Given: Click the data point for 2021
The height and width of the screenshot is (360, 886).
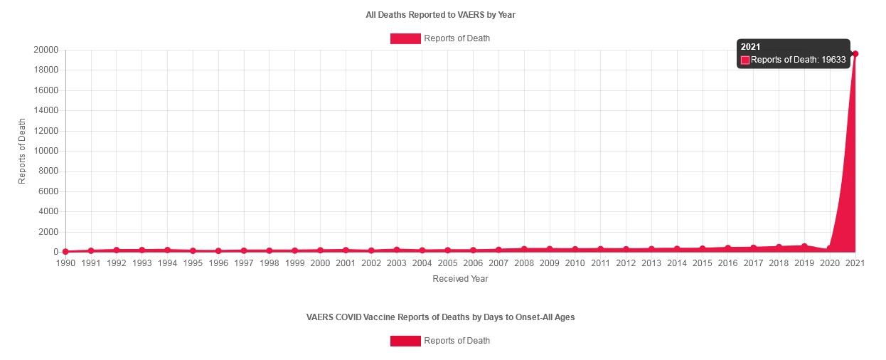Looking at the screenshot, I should tap(855, 53).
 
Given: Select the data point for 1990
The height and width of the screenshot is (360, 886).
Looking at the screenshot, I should tap(65, 251).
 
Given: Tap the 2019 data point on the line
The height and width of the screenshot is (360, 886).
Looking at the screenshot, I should tap(804, 246).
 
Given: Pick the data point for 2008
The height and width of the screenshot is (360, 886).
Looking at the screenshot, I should tap(524, 249).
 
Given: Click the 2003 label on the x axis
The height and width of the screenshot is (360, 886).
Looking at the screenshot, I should tap(396, 263).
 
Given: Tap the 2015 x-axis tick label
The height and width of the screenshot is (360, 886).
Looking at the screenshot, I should tap(702, 263).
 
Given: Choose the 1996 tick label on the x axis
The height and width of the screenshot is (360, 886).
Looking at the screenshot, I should tap(218, 263).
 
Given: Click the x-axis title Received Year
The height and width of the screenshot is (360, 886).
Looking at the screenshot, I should tap(460, 279).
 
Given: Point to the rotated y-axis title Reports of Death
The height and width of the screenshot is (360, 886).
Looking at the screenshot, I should tap(22, 151).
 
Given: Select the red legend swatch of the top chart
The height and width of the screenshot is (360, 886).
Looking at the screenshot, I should tap(405, 38).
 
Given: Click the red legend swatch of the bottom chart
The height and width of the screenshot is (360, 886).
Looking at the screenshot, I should tap(405, 341).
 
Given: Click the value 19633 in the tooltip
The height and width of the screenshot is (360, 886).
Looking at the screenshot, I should tap(833, 60).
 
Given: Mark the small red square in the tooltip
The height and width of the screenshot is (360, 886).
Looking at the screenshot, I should tap(745, 60).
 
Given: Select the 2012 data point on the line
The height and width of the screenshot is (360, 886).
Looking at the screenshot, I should tap(626, 249).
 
